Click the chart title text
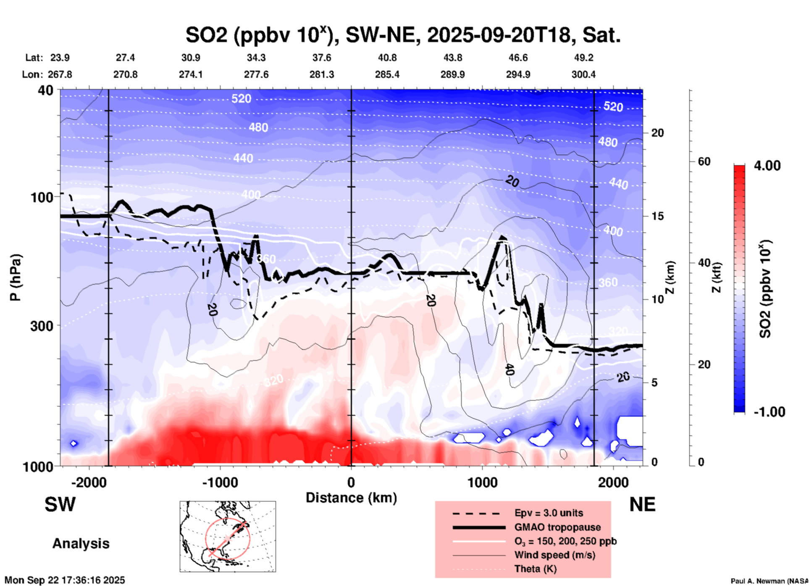403,35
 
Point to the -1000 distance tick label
220,482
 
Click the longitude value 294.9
518,74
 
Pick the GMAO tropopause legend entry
557,527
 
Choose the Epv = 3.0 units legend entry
549,513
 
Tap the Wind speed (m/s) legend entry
554,555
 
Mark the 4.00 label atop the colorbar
767,166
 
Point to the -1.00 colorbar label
769,412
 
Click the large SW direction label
60,504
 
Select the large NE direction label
642,504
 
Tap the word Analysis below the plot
81,544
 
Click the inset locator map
228,536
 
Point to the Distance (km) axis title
351,498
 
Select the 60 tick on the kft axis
704,161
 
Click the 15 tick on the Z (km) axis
657,216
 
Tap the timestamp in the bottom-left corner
65,580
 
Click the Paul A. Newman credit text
770,581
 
